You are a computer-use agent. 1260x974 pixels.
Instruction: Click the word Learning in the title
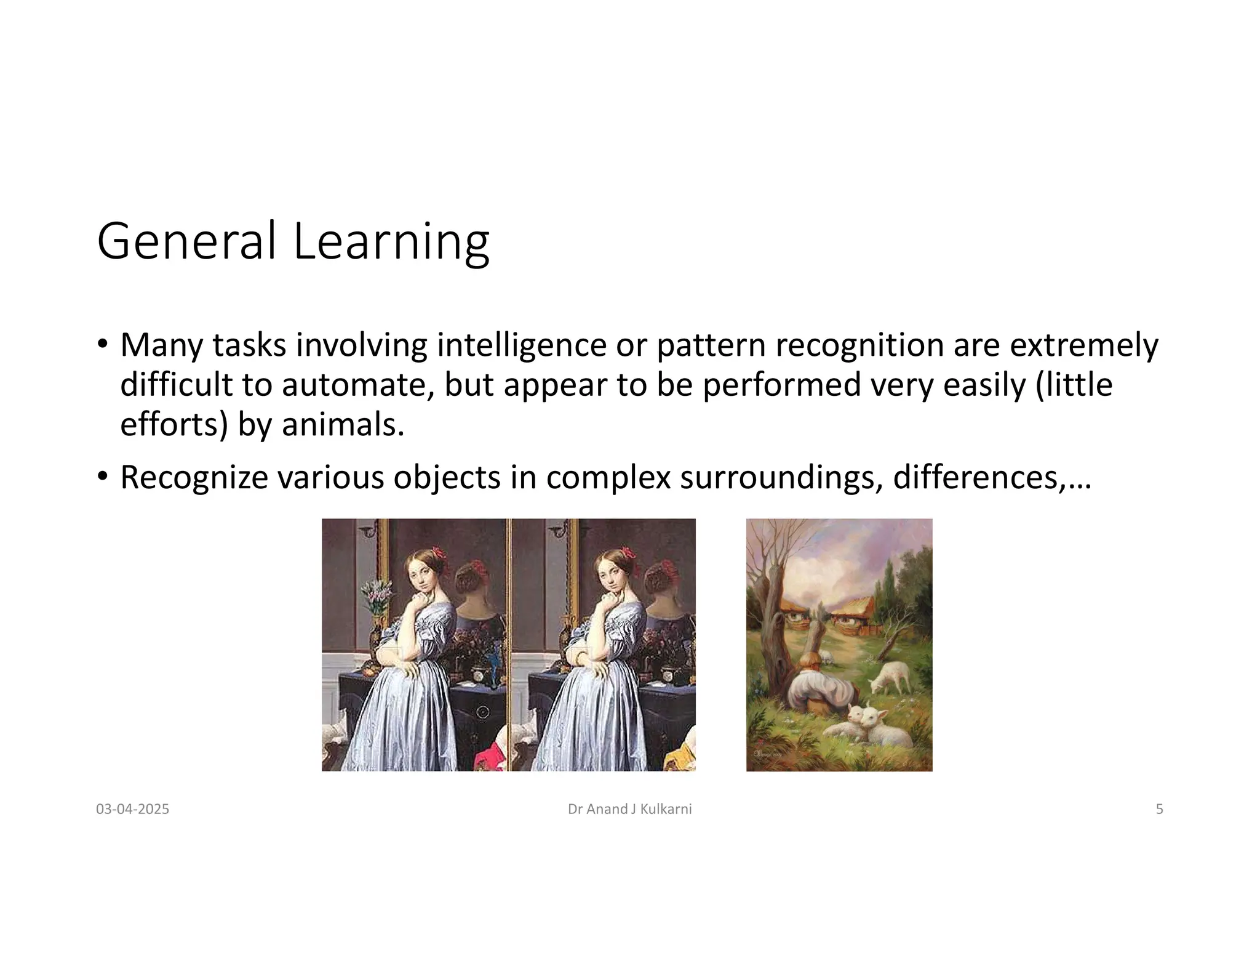391,241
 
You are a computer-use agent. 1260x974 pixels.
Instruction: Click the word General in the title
186,241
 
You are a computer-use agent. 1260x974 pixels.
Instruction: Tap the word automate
357,385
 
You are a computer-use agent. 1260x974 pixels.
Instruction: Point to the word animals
343,425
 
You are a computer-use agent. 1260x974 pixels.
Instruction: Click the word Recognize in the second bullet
194,478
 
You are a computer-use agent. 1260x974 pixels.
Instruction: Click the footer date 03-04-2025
132,809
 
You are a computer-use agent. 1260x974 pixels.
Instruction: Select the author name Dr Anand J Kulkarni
629,809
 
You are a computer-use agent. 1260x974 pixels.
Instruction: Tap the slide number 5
1159,809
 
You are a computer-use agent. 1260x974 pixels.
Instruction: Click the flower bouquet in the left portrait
377,595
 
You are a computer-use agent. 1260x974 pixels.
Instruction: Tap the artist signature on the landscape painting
767,754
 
